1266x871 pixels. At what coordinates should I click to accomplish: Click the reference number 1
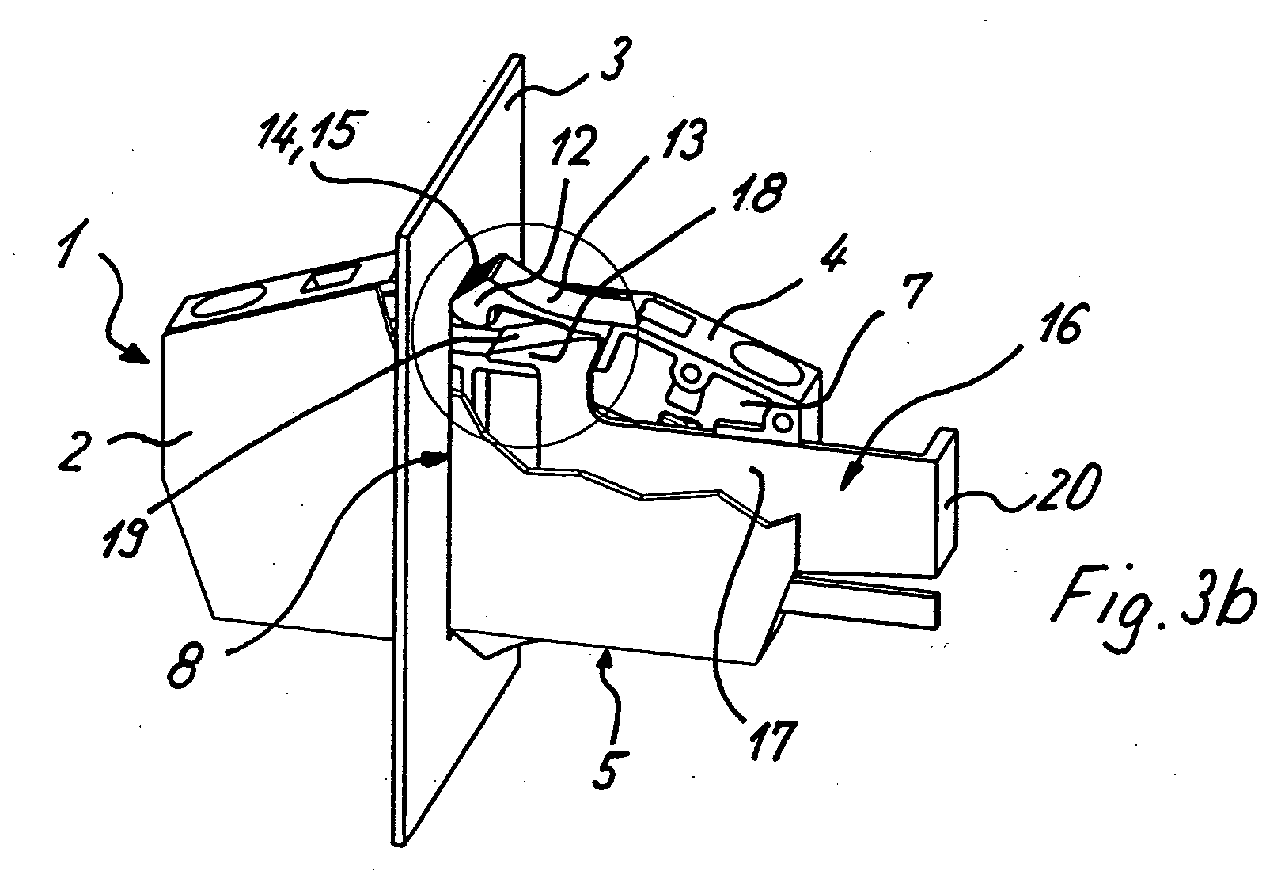[70, 245]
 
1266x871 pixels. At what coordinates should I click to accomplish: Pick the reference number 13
[677, 140]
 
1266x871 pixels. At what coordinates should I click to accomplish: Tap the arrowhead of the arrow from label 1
[142, 353]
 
